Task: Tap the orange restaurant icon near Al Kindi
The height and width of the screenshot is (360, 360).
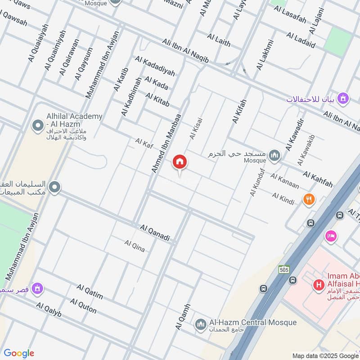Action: tap(309, 199)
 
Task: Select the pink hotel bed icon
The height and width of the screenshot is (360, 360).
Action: tap(331, 236)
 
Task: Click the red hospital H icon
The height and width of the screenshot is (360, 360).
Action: tap(319, 285)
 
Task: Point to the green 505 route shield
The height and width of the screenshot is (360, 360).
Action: tap(283, 269)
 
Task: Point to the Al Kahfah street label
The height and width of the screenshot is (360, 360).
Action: tap(318, 179)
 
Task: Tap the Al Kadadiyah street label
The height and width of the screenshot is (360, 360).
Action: tap(154, 66)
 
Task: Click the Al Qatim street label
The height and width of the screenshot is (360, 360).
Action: tap(90, 292)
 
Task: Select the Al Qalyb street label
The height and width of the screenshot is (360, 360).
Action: tap(49, 310)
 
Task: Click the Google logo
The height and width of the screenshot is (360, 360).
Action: tap(19, 353)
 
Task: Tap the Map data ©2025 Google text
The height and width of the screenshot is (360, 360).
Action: tap(325, 355)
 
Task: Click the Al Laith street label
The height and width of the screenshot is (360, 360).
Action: tap(219, 40)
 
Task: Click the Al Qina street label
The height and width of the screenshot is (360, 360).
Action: tap(135, 246)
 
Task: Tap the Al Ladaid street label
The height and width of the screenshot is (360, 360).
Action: tap(301, 40)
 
